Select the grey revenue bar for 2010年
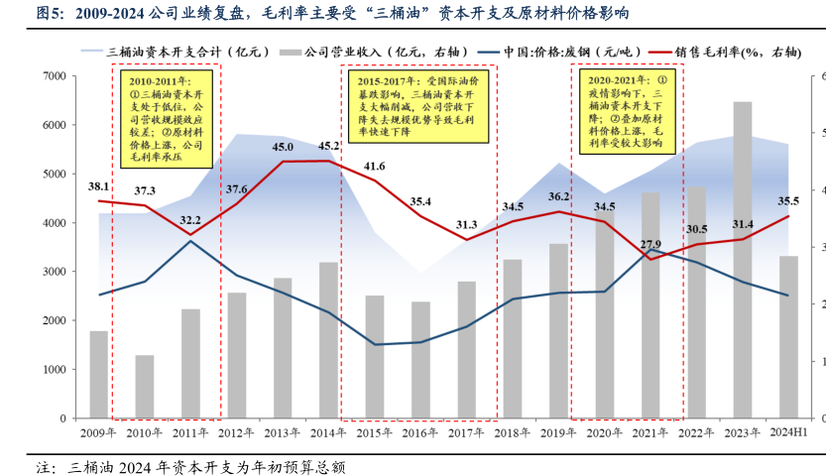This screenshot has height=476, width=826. pyautogui.click(x=145, y=386)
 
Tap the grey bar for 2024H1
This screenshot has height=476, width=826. pyautogui.click(x=788, y=336)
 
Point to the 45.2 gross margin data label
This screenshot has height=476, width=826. pyautogui.click(x=327, y=146)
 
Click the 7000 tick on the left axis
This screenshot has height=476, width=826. pyautogui.click(x=54, y=76)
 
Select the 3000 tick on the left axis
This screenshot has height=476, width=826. pyautogui.click(x=54, y=272)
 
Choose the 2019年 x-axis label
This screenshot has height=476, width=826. pyautogui.click(x=557, y=433)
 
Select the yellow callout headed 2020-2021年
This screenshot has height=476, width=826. pyautogui.click(x=629, y=109)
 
